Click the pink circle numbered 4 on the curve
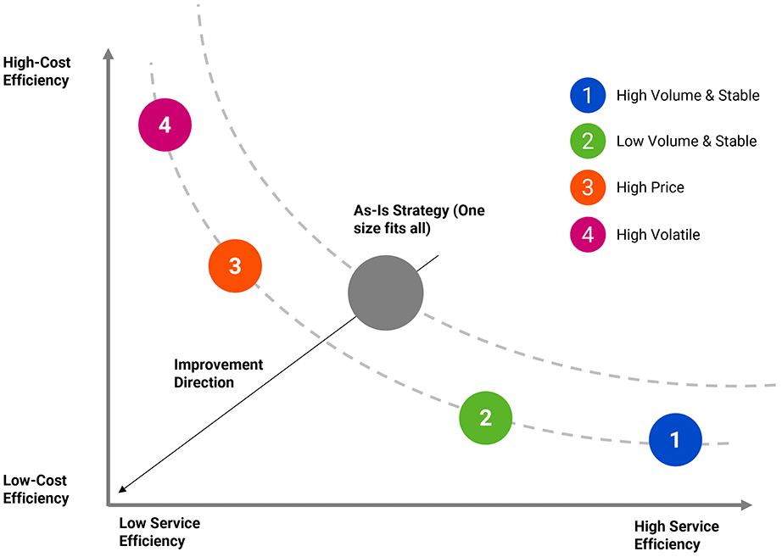(x=165, y=125)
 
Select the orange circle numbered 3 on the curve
(x=235, y=266)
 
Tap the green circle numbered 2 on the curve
(x=486, y=417)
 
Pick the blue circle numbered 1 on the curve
(x=675, y=439)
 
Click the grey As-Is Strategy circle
(x=385, y=292)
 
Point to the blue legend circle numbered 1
(x=588, y=96)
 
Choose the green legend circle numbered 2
(x=588, y=142)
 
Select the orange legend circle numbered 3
(x=588, y=187)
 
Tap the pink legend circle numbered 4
(x=588, y=234)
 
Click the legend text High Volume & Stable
(x=687, y=96)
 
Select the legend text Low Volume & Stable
(x=686, y=142)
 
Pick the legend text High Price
(x=650, y=187)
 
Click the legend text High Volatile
(x=658, y=234)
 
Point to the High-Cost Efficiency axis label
(x=36, y=71)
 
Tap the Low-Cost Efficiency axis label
(x=36, y=489)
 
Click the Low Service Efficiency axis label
(x=159, y=532)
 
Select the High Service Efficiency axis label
(x=676, y=535)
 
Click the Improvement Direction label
(x=218, y=373)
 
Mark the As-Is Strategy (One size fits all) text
(x=419, y=219)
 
